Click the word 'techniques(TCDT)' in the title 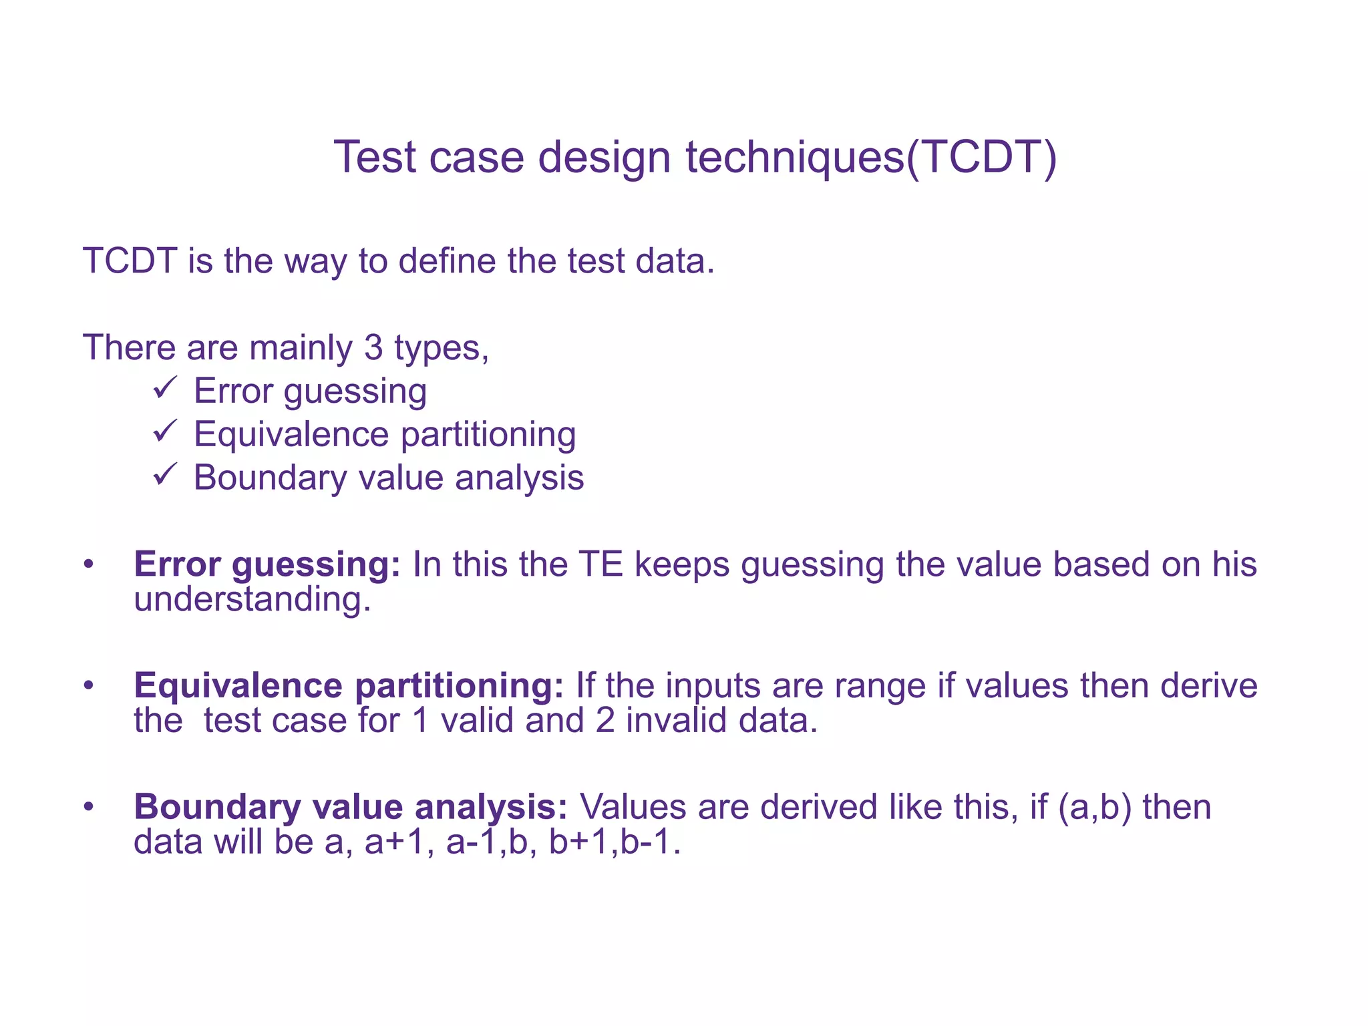[872, 158]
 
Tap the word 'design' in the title [604, 159]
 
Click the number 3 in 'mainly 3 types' [373, 348]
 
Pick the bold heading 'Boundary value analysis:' [351, 807]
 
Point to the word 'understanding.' [252, 599]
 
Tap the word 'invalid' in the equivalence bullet [672, 721]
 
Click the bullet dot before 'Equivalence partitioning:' [89, 686]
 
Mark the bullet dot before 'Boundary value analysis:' [89, 807]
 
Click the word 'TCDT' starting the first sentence [130, 261]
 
